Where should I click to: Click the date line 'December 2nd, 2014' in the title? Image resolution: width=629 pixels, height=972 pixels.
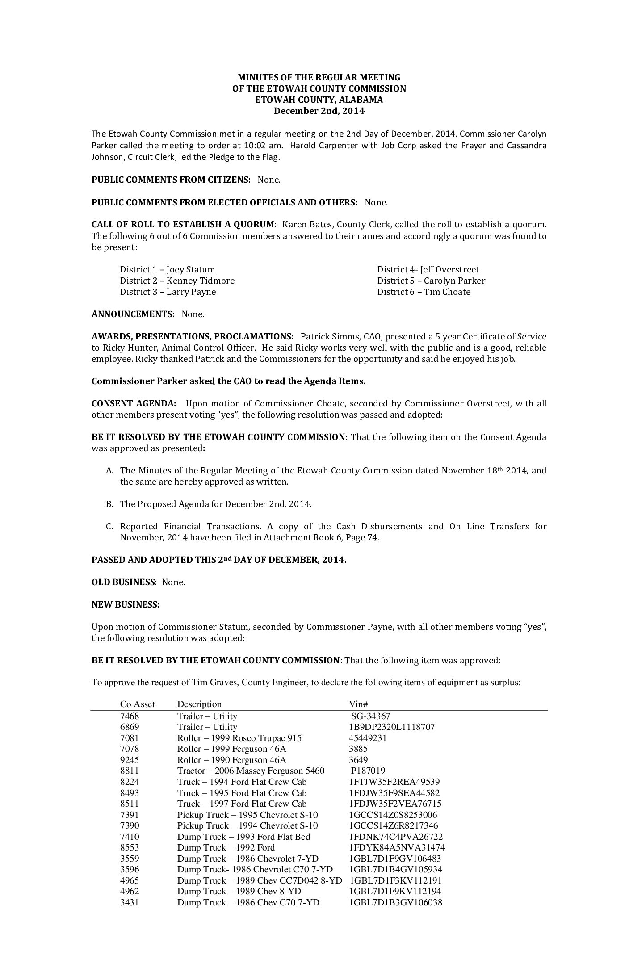coord(319,111)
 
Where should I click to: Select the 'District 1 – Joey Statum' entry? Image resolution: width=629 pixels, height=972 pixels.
coord(168,269)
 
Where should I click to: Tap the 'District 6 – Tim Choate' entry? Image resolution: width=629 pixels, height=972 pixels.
coord(424,292)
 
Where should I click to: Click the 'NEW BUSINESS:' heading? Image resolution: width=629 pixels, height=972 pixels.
coord(126,604)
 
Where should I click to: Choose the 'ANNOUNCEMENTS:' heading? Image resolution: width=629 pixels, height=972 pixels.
coord(133,314)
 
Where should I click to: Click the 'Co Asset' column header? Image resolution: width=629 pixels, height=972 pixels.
coord(138,704)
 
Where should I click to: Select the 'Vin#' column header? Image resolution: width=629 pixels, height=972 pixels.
coord(358,704)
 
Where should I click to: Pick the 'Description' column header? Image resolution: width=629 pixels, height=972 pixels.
coord(199,704)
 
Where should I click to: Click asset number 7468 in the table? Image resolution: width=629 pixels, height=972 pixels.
coord(129,716)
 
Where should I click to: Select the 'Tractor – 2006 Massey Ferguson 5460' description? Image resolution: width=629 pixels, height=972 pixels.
coord(251,771)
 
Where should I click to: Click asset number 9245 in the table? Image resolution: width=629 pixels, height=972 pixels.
coord(129,760)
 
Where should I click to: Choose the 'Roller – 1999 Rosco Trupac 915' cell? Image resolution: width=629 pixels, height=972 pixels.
coord(239,738)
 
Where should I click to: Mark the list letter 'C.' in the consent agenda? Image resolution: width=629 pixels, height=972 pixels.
coord(110,526)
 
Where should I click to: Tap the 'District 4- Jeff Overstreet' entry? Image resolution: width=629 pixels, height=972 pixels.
coord(428,269)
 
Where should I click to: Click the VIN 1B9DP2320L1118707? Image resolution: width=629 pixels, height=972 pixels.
coord(391,727)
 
